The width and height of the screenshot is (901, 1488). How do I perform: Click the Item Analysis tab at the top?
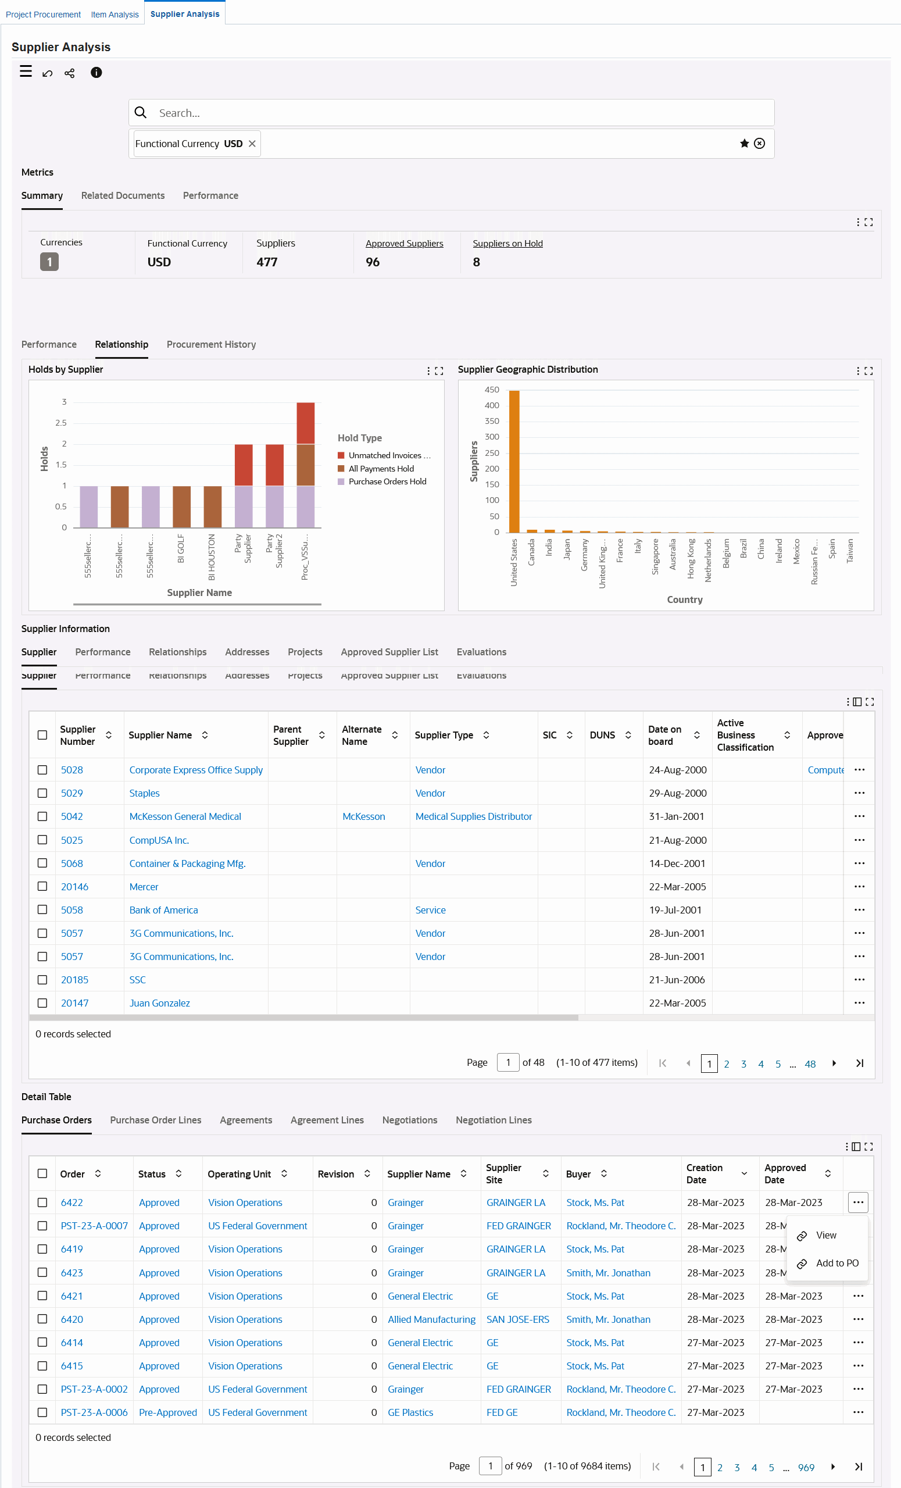tap(115, 15)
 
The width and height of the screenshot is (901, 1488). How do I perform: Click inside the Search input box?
tap(459, 113)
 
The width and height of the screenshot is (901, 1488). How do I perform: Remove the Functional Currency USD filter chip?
tap(252, 144)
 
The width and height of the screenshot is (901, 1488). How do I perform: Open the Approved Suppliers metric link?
tap(404, 244)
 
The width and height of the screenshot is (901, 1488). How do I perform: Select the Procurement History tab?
tap(211, 344)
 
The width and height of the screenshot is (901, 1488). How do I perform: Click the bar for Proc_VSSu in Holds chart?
tap(306, 465)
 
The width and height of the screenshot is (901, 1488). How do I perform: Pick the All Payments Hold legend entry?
tap(381, 469)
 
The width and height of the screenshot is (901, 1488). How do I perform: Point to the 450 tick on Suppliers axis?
tap(492, 390)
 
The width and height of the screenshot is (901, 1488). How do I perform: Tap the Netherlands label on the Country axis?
tap(708, 560)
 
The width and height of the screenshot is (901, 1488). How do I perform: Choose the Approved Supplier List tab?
tap(389, 652)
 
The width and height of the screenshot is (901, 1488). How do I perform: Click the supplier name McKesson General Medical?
tap(185, 816)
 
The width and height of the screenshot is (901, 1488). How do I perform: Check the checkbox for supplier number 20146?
tap(42, 887)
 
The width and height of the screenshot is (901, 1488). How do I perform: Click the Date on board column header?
tap(664, 735)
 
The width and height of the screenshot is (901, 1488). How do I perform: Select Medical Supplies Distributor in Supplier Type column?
tap(473, 816)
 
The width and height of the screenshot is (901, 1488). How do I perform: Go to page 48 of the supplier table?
tap(810, 1064)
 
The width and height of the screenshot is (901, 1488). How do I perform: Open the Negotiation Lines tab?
tap(494, 1121)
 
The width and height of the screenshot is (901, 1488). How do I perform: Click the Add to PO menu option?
tap(836, 1264)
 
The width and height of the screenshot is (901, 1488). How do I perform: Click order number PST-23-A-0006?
tap(94, 1412)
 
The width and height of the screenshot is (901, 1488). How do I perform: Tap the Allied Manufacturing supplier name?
tap(431, 1319)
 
